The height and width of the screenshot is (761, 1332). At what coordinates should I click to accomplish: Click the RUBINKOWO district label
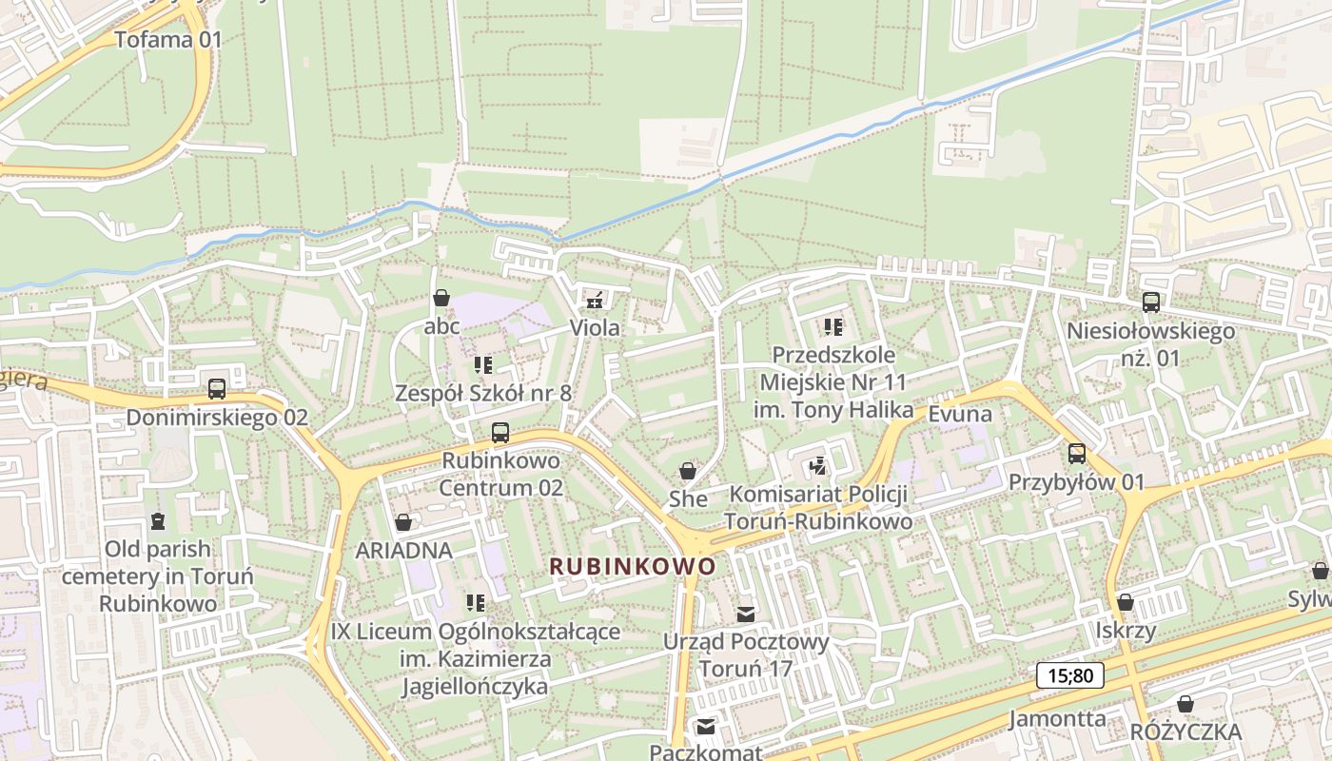click(633, 566)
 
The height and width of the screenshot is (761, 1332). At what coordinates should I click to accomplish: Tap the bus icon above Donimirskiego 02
click(217, 389)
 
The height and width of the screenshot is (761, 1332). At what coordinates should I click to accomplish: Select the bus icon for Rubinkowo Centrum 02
click(499, 433)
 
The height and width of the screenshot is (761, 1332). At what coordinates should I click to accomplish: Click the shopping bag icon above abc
click(441, 299)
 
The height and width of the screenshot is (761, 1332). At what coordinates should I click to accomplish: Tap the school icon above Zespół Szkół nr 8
click(483, 365)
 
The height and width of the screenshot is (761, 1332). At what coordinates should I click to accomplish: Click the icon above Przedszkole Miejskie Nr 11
click(833, 328)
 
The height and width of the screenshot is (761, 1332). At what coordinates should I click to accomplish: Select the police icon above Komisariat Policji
click(817, 466)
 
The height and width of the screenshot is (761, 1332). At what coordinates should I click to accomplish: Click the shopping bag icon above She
click(687, 471)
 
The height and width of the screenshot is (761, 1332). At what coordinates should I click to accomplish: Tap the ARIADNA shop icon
click(403, 522)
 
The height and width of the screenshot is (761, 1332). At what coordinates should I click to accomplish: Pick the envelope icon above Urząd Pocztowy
click(746, 615)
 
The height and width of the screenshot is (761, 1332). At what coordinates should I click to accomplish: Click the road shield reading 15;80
click(1070, 676)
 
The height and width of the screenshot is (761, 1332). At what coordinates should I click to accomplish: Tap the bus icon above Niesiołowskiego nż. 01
click(1150, 302)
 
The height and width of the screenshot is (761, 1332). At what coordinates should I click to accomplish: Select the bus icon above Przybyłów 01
click(1076, 454)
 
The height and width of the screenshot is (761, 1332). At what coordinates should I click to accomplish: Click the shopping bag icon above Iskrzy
click(1125, 602)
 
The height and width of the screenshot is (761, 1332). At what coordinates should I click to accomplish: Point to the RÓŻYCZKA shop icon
click(1185, 704)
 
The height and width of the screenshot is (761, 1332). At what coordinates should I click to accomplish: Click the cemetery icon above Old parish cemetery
click(157, 521)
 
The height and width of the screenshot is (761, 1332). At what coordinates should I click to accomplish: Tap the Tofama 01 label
click(167, 40)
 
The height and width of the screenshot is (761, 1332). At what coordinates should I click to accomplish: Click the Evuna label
click(960, 414)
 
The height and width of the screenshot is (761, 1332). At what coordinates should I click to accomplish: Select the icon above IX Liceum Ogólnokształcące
click(476, 603)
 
